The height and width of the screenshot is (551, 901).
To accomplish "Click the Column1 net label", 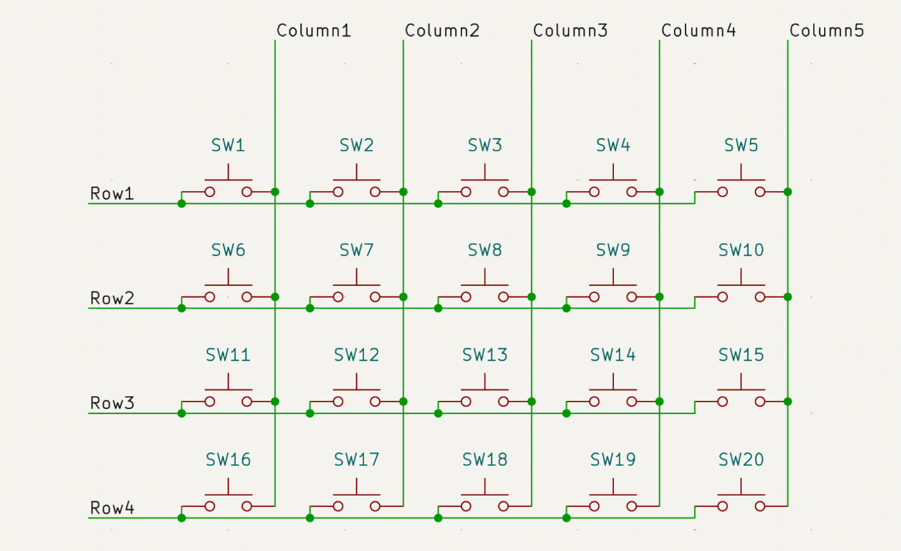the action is [x=314, y=31].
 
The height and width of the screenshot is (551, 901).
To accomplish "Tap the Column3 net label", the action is [x=571, y=31].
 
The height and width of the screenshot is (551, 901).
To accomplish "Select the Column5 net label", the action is [x=827, y=31].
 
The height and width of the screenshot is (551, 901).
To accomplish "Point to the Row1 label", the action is [x=112, y=193].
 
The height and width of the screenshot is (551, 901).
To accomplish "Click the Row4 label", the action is [x=112, y=508].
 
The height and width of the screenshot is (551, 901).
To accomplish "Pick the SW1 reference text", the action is [x=228, y=145].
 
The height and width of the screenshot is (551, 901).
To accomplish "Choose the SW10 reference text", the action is [x=741, y=250].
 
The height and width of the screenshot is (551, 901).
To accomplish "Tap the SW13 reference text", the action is [x=485, y=355].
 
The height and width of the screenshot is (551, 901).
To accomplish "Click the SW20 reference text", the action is [x=741, y=460].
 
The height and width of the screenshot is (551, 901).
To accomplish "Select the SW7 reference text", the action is [x=356, y=250].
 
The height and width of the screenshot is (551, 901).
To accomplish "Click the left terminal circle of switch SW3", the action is [x=466, y=192].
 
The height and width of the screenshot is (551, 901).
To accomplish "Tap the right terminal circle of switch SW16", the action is [x=247, y=507].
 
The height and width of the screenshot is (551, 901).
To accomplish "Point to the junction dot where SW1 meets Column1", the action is [x=275, y=192].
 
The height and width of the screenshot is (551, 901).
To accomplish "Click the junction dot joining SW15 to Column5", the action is [x=788, y=401].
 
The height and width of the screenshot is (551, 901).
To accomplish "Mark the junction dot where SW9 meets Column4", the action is [x=660, y=297].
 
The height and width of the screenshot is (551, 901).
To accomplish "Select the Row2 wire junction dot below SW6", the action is [x=182, y=308].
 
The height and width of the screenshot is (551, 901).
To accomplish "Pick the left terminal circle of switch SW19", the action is [x=594, y=507].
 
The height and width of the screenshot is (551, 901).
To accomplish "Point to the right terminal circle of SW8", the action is [x=504, y=297].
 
